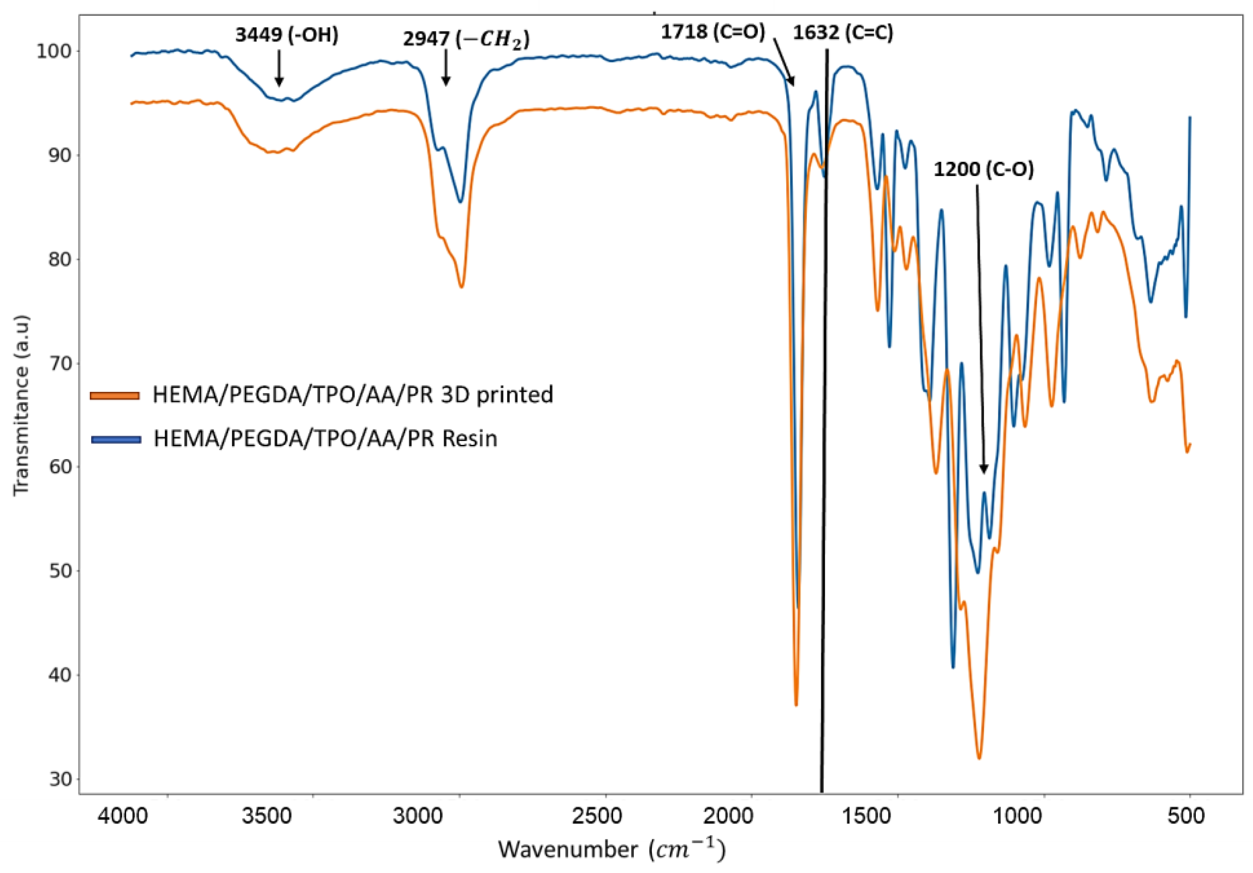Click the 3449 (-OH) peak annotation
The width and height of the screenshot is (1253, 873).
[287, 35]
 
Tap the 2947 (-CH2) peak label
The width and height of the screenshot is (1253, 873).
[466, 39]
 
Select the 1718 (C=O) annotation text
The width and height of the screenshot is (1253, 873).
[713, 32]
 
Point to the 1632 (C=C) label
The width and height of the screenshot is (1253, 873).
[843, 33]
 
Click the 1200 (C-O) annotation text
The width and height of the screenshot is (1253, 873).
[983, 169]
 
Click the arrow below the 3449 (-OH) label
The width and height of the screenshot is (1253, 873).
[279, 69]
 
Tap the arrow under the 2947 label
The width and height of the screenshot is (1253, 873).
[446, 68]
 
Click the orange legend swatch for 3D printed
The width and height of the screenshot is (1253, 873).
[115, 395]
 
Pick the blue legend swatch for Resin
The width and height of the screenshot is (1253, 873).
[116, 439]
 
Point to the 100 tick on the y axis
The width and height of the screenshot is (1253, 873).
[53, 51]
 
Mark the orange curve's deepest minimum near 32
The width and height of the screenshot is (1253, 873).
[978, 758]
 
